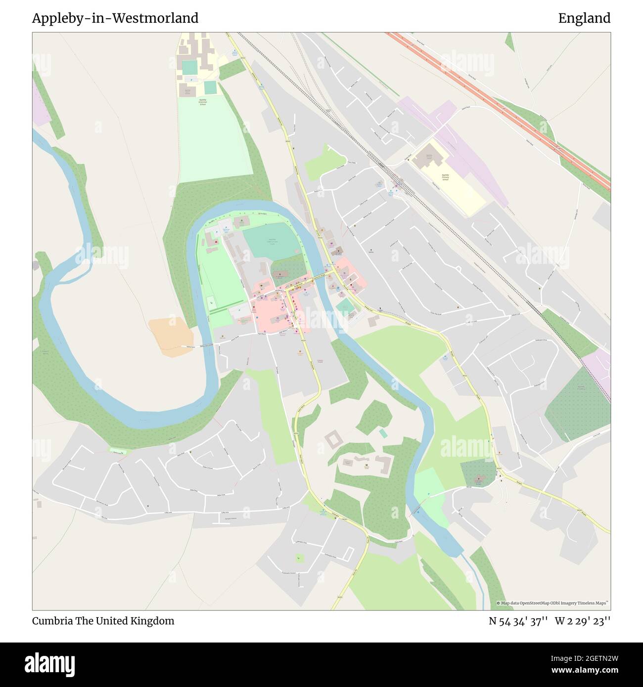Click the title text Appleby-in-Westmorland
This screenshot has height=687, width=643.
[x=115, y=18]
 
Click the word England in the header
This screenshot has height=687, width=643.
[x=584, y=18]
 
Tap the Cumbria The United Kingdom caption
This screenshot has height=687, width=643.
[x=103, y=621]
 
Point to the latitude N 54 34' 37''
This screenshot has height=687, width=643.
[x=518, y=621]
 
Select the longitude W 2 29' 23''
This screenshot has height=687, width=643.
[x=583, y=621]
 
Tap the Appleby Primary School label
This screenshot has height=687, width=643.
[x=445, y=177]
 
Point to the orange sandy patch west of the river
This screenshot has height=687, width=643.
[x=168, y=336]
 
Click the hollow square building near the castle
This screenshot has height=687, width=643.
[x=334, y=439]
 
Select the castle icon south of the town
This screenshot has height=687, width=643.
[x=367, y=466]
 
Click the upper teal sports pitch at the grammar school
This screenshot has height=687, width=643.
[x=189, y=67]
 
